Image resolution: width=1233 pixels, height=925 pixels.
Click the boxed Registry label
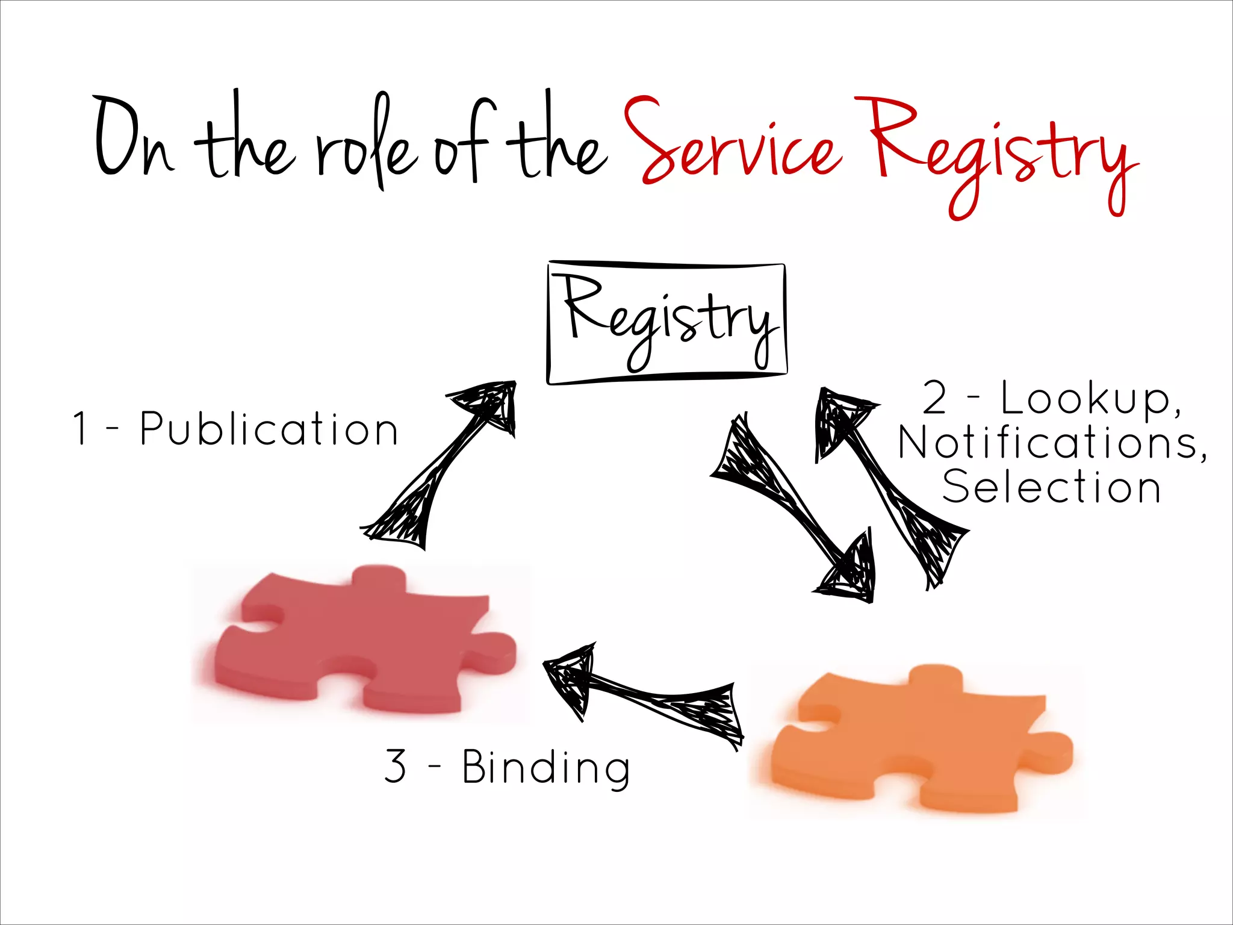click(x=666, y=323)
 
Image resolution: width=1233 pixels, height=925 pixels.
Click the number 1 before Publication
click(x=80, y=429)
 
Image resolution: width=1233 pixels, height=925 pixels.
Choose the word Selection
click(x=1051, y=487)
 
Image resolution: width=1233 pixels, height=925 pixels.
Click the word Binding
click(x=546, y=767)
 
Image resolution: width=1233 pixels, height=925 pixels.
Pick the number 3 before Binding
click(x=395, y=766)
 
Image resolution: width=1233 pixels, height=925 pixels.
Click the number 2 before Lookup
click(x=935, y=398)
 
